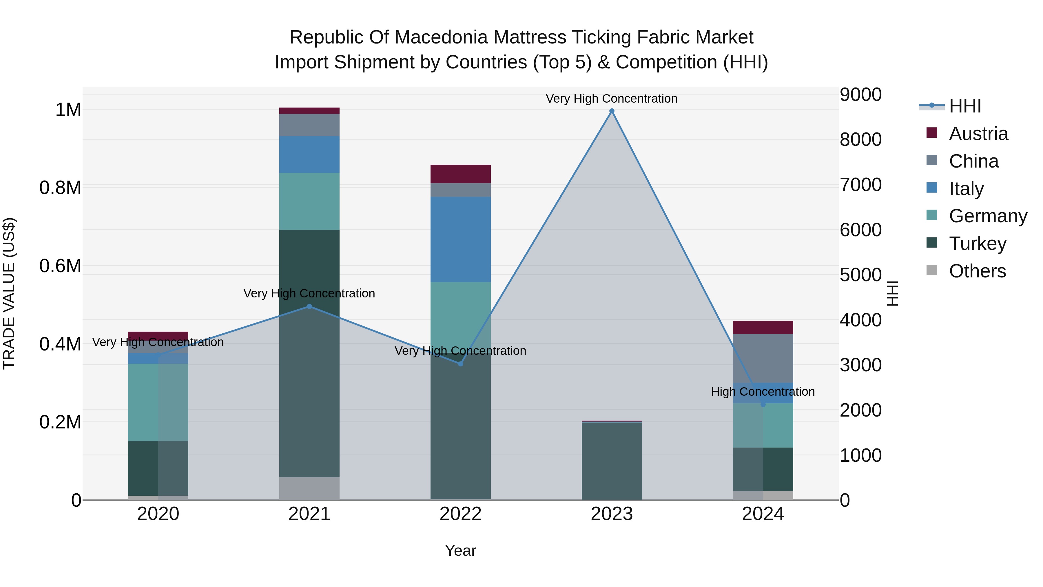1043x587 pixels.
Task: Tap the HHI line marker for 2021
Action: tap(309, 306)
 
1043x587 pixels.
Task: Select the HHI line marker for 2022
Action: tap(460, 364)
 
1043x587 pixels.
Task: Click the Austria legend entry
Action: tap(978, 134)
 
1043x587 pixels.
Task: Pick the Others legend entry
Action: tap(977, 271)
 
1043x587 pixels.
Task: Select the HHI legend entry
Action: tap(964, 106)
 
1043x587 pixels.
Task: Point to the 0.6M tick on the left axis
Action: tap(60, 266)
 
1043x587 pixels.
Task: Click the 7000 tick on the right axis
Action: tap(860, 185)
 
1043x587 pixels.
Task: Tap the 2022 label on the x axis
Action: tap(460, 514)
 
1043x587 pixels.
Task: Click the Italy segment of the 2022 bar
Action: tap(460, 239)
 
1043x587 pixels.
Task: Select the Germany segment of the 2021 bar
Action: tap(309, 201)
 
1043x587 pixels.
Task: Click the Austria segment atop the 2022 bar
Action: tap(460, 174)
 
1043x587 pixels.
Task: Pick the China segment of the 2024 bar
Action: tap(763, 358)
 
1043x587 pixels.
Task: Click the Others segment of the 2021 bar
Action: tap(309, 488)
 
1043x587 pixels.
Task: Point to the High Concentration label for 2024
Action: tap(763, 392)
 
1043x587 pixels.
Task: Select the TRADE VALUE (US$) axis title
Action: tap(9, 293)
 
